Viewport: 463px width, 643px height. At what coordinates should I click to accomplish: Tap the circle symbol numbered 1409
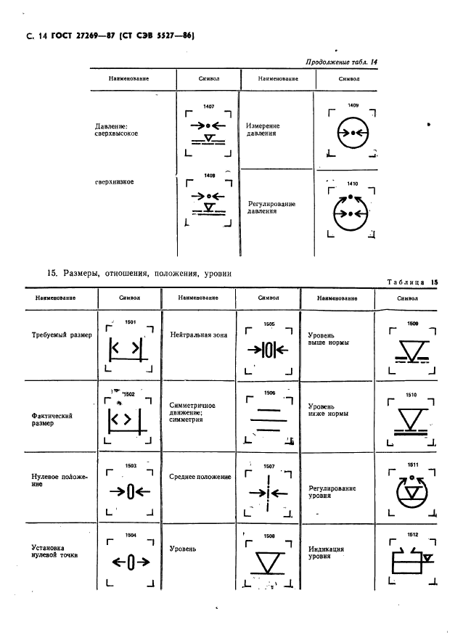pyautogui.click(x=353, y=133)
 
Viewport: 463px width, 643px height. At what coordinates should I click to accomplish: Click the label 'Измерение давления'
pyautogui.click(x=262, y=129)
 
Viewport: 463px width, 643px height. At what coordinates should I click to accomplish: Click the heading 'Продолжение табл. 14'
pyautogui.click(x=337, y=62)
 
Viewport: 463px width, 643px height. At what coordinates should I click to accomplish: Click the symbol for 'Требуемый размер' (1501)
pyautogui.click(x=124, y=349)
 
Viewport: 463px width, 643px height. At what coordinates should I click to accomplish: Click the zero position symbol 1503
pyautogui.click(x=129, y=491)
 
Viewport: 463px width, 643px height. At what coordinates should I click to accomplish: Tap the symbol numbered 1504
pyautogui.click(x=129, y=561)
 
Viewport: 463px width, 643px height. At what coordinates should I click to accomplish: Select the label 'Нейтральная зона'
pyautogui.click(x=198, y=335)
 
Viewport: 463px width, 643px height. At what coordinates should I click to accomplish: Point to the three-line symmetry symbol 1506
pyautogui.click(x=268, y=419)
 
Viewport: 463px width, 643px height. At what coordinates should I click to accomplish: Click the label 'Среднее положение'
pyautogui.click(x=200, y=477)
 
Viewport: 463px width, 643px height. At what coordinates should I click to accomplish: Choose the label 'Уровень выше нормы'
pyautogui.click(x=327, y=340)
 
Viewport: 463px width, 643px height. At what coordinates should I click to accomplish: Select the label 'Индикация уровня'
pyautogui.click(x=326, y=554)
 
